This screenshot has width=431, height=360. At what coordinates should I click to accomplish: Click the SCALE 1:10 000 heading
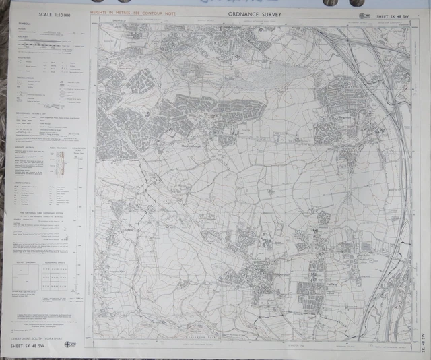[x=55, y=14]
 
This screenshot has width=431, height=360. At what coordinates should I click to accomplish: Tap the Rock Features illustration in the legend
[x=59, y=160]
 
